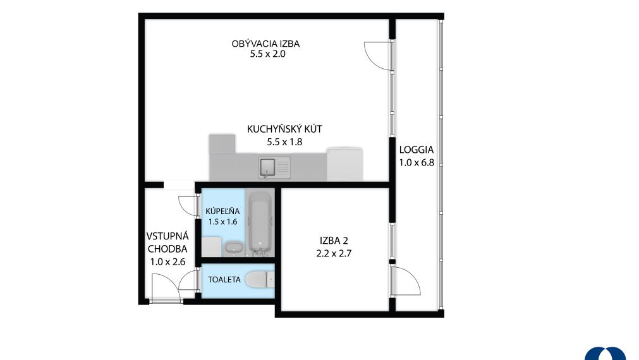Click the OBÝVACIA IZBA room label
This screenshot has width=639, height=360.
pos(265,44)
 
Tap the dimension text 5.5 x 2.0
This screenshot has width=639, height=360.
pos(268,54)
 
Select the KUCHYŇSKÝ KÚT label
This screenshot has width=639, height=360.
pos(284,129)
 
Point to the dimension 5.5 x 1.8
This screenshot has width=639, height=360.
pos(284,141)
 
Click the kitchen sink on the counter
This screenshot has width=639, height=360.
pos(274,167)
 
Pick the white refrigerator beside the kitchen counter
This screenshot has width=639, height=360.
pos(344,164)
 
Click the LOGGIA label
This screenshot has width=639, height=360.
pos(416,150)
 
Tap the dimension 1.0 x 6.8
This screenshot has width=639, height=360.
pos(417,162)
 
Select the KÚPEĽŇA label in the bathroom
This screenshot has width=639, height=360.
pos(222,212)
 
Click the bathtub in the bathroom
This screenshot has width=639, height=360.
pos(260,224)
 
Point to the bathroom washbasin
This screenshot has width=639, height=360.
pos(233,247)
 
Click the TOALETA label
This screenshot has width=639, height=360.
pos(224,280)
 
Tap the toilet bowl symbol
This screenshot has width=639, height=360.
pos(260,280)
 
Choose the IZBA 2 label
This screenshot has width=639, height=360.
pos(334,241)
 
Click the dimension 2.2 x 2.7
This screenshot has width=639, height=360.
pos(334,253)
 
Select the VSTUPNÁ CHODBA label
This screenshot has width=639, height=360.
pos(167,243)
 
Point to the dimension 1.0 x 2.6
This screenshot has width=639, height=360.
pos(167,262)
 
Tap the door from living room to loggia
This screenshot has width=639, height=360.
pos(378,56)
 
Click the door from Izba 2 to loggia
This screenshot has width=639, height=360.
pos(406,280)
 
